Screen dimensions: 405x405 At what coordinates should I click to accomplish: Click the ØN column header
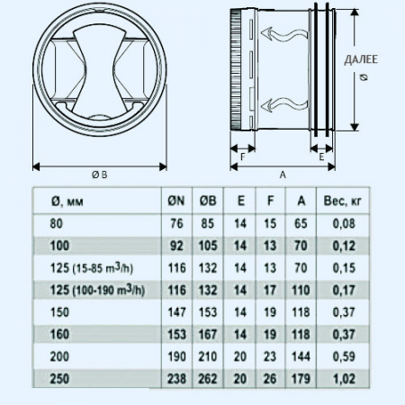tap(176, 201)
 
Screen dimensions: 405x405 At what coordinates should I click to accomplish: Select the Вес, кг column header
tap(343, 202)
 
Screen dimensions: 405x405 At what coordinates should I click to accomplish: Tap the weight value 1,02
tap(344, 379)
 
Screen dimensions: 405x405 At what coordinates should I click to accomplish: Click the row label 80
tap(57, 223)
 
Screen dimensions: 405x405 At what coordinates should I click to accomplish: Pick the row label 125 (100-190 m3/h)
tap(97, 290)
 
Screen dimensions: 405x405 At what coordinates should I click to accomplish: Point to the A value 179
tap(301, 379)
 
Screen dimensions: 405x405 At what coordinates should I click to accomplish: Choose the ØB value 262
tap(208, 379)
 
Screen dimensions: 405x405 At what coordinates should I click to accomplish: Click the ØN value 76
tap(176, 223)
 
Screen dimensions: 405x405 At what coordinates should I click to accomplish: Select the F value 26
tap(270, 379)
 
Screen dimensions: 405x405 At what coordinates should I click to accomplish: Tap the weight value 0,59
tap(344, 356)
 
